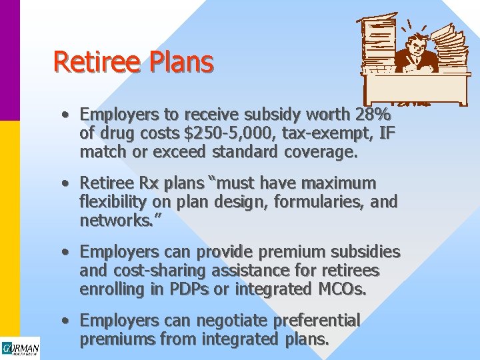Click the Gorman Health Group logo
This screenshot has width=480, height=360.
(20, 349)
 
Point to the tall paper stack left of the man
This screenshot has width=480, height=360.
(377, 43)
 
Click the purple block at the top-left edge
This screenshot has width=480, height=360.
(9, 60)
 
